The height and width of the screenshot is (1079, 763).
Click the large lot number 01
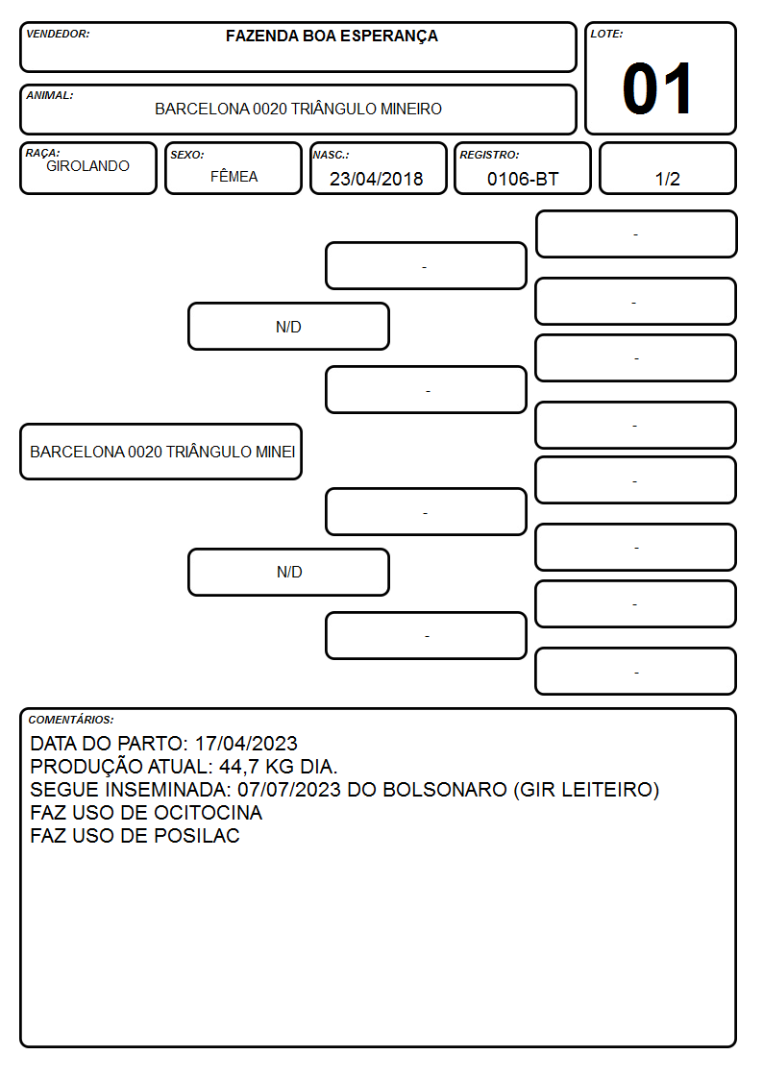click(657, 88)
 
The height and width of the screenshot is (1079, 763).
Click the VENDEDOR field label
click(58, 34)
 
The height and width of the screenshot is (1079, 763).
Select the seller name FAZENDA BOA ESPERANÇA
click(332, 36)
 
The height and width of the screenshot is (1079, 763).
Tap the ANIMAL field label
click(50, 96)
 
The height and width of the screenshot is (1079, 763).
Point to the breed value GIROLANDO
click(87, 166)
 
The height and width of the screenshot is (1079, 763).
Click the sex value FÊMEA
click(234, 176)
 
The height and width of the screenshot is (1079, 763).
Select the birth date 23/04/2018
click(376, 179)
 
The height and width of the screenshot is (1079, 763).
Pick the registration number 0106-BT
click(522, 179)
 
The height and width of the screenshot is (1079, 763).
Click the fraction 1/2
click(667, 179)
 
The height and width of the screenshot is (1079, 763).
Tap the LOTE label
click(606, 34)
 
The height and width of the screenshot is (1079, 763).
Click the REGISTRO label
click(489, 155)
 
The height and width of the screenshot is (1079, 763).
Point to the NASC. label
click(331, 155)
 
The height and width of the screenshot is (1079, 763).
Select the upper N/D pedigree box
click(288, 327)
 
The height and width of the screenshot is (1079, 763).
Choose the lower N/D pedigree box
click(288, 572)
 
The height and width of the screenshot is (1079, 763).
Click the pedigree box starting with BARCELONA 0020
click(161, 452)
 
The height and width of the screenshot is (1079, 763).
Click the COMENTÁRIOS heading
click(71, 720)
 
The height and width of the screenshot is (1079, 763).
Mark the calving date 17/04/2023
click(246, 744)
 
